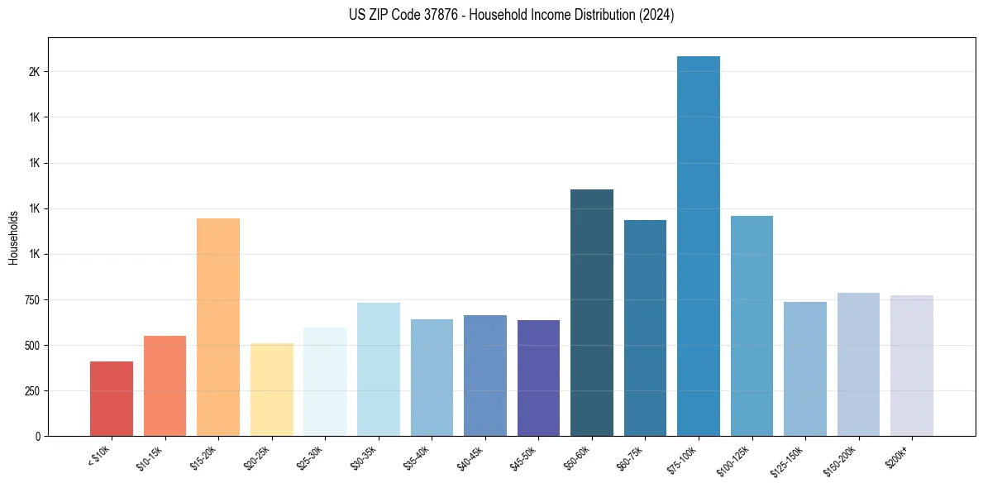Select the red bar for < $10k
click(112, 399)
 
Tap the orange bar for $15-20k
click(218, 327)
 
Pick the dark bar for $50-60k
click(592, 313)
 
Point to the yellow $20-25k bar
click(271, 390)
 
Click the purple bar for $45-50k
click(538, 378)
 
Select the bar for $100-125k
click(752, 326)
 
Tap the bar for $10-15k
click(165, 385)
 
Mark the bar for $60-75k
click(645, 328)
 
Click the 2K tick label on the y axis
click(34, 72)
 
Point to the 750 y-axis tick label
click(31, 299)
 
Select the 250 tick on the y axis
click(31, 390)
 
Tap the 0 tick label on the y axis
click(38, 436)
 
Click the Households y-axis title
click(13, 237)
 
